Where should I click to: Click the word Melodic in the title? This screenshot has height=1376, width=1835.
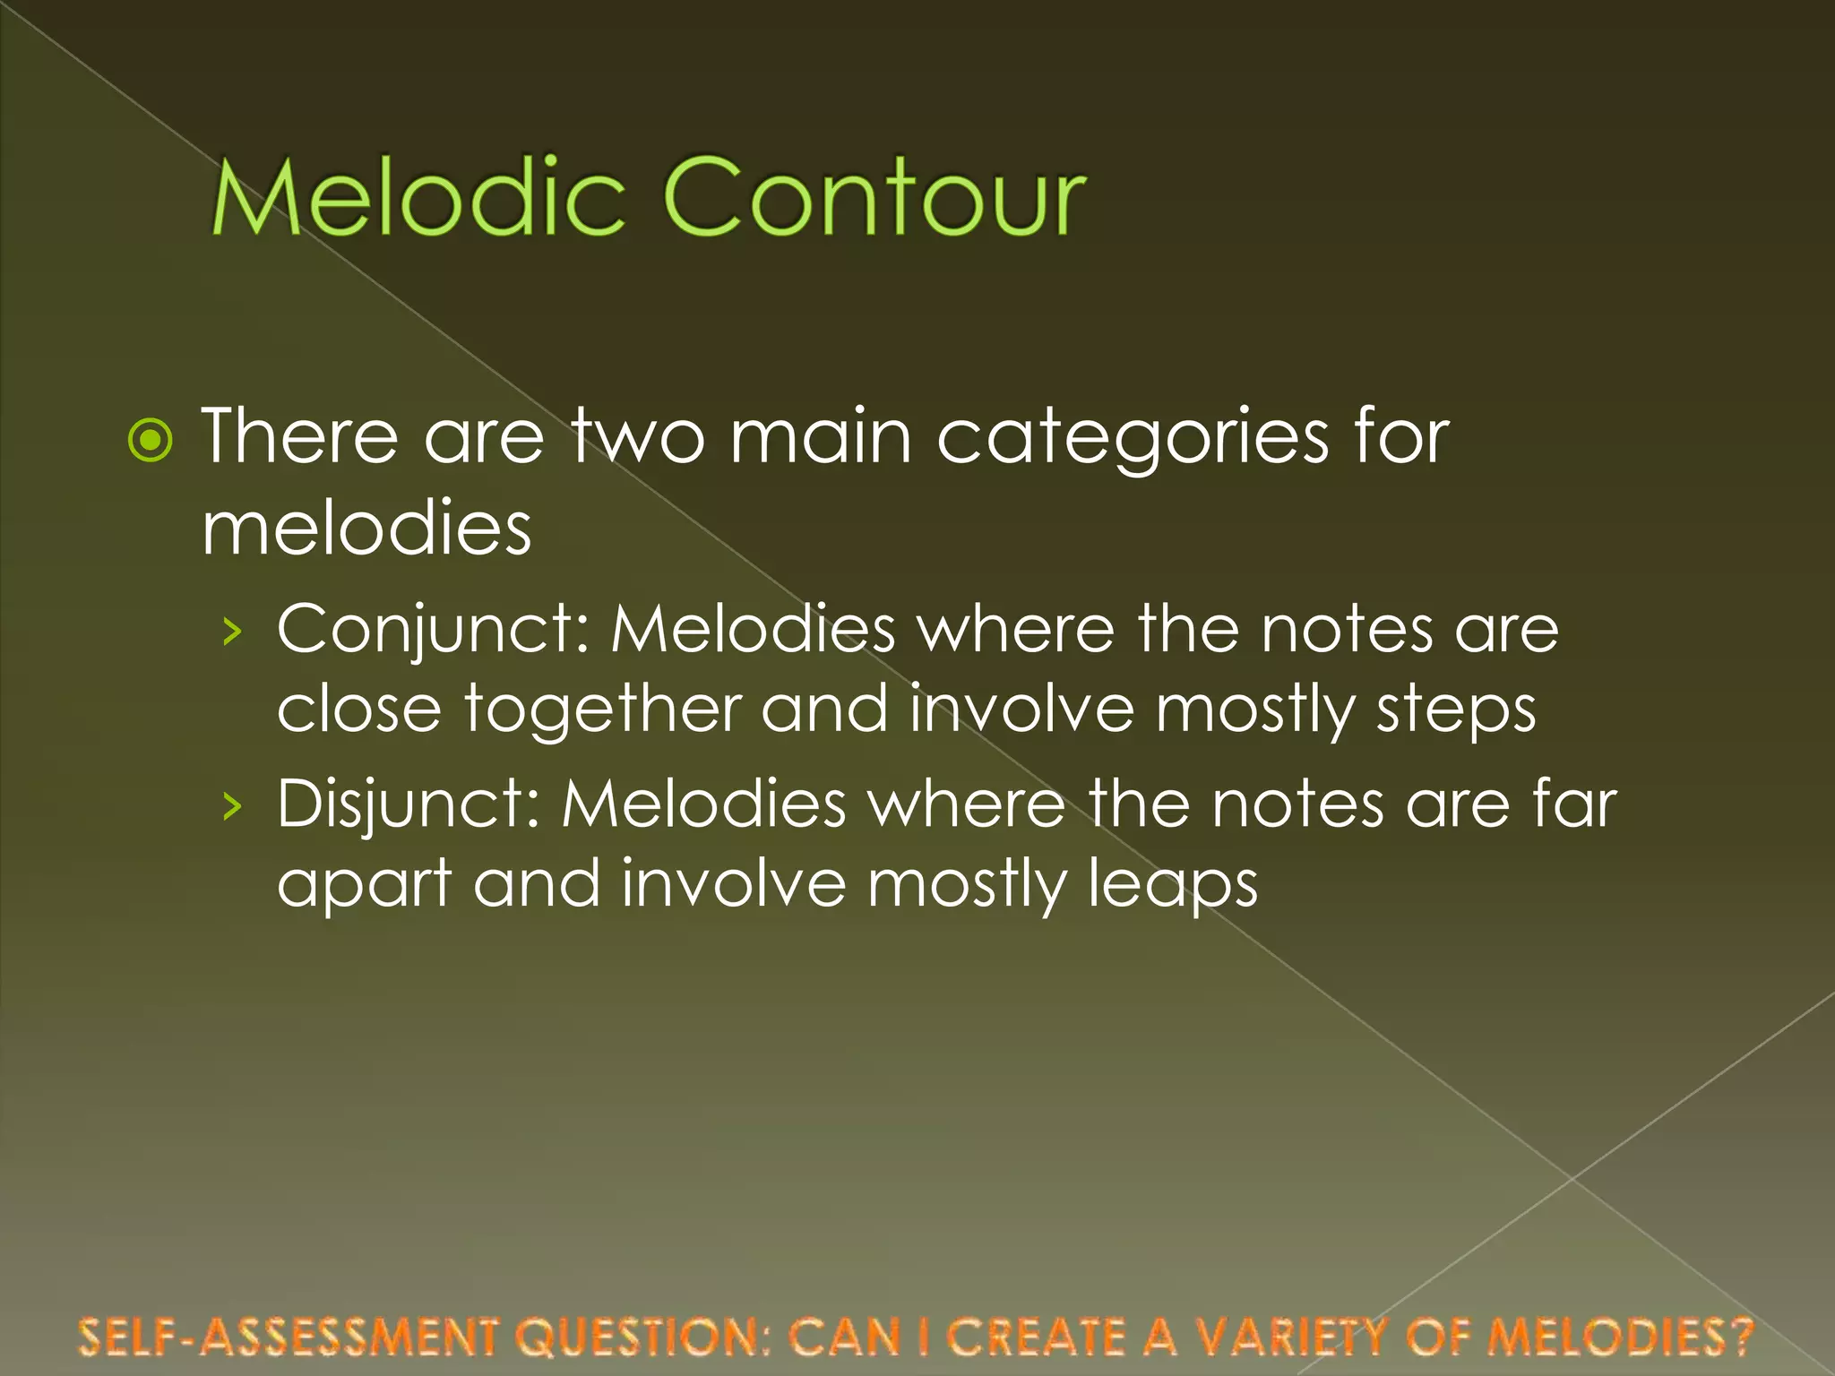[x=418, y=197]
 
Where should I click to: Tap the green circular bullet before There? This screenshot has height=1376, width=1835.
[x=150, y=440]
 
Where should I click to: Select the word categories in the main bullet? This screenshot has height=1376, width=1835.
[x=1133, y=439]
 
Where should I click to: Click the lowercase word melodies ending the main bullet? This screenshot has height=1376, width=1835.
[x=366, y=529]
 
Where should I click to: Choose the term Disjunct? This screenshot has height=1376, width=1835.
[x=407, y=804]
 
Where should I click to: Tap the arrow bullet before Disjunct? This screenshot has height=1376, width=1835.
[x=233, y=806]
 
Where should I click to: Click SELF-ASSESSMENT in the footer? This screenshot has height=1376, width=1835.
[x=287, y=1337]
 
